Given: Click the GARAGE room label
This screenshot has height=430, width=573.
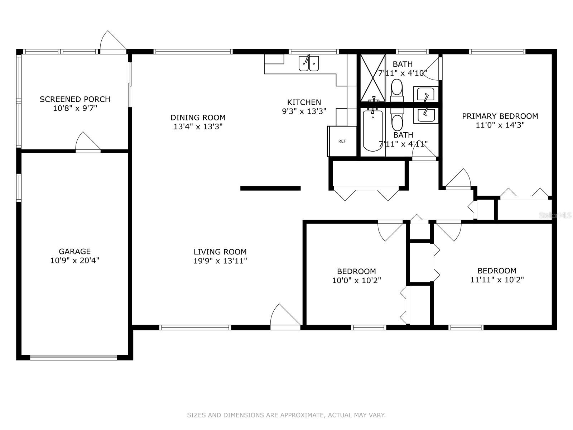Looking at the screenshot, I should tap(74, 251).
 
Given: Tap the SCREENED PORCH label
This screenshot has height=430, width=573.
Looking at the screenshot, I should tap(75, 99).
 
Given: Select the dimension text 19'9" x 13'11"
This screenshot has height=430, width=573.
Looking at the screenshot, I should tap(220, 261).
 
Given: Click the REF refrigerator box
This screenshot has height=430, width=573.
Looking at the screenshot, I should tap(342, 141).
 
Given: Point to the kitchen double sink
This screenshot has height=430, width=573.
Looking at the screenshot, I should tap(309, 63).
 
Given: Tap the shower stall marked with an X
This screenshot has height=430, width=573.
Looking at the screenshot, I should tap(372, 78).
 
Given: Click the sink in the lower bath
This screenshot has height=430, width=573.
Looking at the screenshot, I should tap(425, 115).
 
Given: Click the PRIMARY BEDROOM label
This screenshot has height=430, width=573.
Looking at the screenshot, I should tap(500, 116).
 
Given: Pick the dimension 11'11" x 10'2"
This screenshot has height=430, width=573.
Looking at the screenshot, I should tap(497, 279).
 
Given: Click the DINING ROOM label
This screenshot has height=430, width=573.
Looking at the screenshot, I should tap(198, 118).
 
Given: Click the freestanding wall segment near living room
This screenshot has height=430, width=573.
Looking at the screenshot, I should tap(270, 188).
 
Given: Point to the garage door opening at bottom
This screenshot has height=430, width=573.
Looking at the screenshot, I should tap(73, 357).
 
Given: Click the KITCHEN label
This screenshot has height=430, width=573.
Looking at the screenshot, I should tap(304, 102).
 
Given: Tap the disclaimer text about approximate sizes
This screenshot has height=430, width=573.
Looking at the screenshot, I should tap(286, 415).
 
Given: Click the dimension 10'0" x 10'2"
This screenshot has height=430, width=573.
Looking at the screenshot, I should tap(356, 280).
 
